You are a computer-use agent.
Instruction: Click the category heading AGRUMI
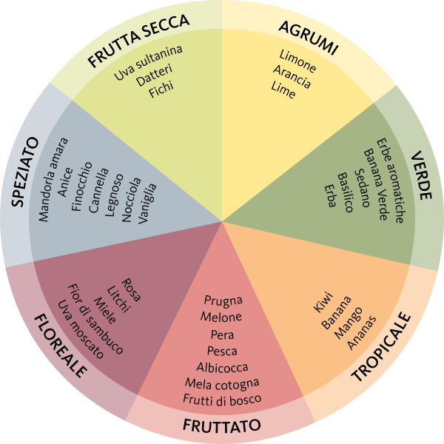pyautogui.click(x=308, y=38)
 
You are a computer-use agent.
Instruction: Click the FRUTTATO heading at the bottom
pyautogui.click(x=221, y=425)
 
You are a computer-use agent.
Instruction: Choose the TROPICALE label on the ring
pyautogui.click(x=380, y=347)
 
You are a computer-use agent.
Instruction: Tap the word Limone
pyautogui.click(x=297, y=61)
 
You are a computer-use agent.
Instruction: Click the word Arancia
pyautogui.click(x=292, y=78)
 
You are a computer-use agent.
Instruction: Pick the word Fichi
pyautogui.click(x=161, y=91)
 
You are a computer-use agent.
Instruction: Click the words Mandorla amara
pyautogui.click(x=53, y=180)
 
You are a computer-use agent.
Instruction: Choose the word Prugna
pyautogui.click(x=222, y=300)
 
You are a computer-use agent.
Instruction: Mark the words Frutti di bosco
pyautogui.click(x=222, y=400)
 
